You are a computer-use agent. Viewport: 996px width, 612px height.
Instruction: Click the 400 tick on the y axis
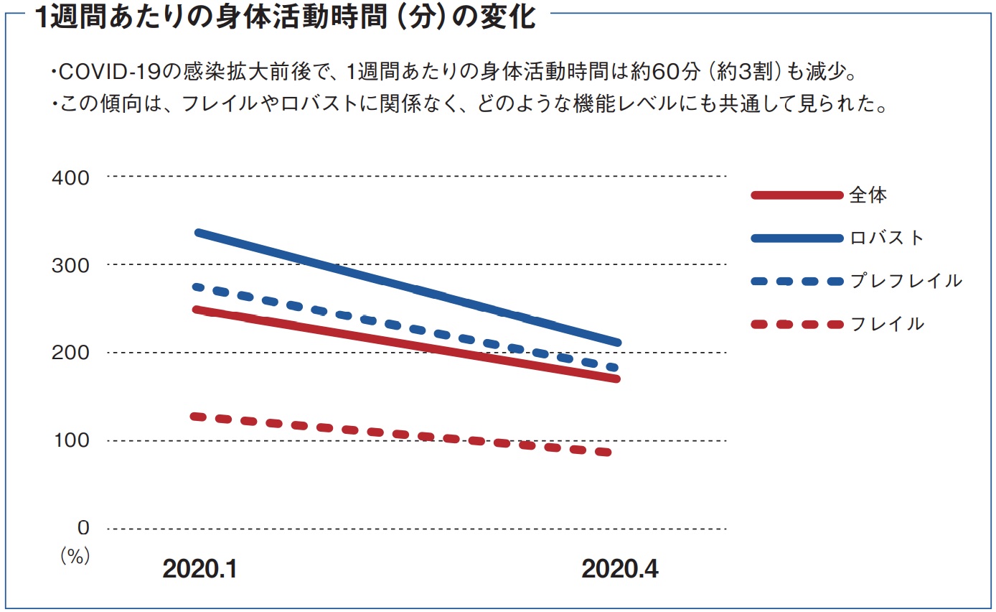click(71, 177)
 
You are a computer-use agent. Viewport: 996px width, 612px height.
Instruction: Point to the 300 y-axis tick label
click(71, 265)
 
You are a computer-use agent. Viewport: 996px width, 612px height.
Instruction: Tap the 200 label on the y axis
click(71, 353)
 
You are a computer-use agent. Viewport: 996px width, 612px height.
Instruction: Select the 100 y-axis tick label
click(71, 440)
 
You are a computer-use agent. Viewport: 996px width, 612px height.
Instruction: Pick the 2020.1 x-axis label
click(199, 570)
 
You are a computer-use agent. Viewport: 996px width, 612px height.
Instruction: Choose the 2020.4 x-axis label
click(620, 570)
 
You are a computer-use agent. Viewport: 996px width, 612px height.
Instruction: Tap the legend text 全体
click(868, 195)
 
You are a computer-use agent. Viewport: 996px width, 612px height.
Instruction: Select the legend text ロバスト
click(887, 238)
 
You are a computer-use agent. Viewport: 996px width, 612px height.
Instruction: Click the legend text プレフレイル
click(906, 281)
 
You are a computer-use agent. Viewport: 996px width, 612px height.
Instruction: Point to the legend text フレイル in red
click(887, 324)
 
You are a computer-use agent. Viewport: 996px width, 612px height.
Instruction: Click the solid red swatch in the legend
click(796, 195)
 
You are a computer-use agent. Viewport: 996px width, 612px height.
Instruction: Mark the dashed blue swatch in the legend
click(796, 281)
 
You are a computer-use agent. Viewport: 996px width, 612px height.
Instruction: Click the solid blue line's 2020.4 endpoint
click(616, 342)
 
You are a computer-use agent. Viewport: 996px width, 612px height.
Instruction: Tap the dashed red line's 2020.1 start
click(194, 416)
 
